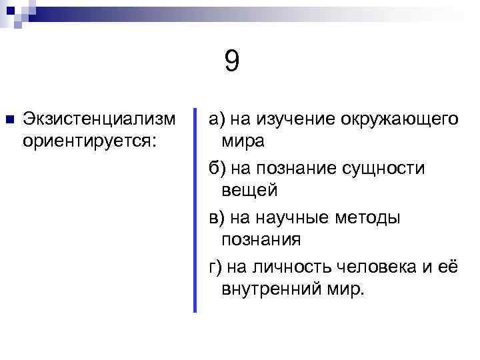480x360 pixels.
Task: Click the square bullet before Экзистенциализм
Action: point(9,120)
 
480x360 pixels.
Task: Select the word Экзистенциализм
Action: point(99,119)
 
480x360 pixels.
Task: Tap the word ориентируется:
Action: point(89,141)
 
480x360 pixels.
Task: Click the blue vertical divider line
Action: point(195,210)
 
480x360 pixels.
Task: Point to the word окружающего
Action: point(400,119)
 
